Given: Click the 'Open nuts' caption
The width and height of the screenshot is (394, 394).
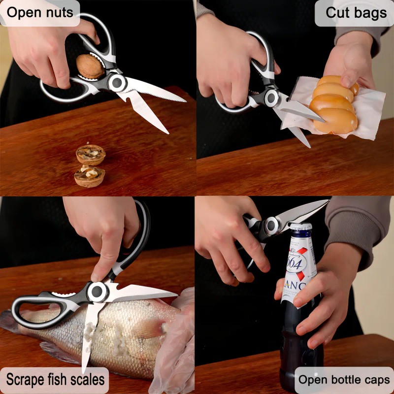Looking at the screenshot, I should (39, 12).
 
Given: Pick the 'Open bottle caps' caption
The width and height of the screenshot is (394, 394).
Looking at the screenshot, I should (344, 380).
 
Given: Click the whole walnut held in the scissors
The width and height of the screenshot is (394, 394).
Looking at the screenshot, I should (90, 66).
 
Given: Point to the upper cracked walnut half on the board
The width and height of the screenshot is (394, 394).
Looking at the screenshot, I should (91, 155).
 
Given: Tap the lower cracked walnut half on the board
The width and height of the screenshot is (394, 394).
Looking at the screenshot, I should (90, 176).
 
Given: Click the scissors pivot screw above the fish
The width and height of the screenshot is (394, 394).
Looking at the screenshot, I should (97, 292).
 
